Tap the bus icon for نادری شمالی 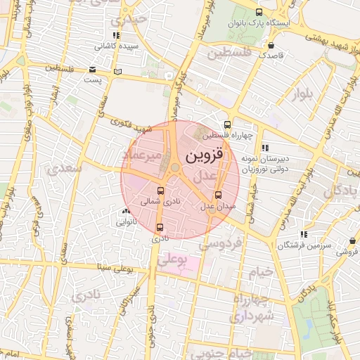(161, 191)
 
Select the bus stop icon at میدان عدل (218, 195)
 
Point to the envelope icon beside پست (93, 70)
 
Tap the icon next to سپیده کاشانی (116, 35)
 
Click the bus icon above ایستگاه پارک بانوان (259, 12)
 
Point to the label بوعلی (172, 260)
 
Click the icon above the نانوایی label (126, 211)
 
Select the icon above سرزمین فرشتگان (303, 234)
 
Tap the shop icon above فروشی (351, 240)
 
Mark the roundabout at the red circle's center (174, 167)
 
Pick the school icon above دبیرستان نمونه (265, 148)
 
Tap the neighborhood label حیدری (131, 18)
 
